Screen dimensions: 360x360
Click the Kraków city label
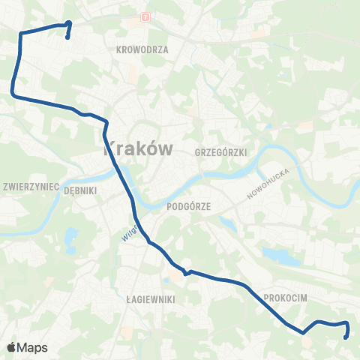(136, 148)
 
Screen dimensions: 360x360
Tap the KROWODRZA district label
(142, 49)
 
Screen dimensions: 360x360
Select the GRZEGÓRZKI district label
(220, 151)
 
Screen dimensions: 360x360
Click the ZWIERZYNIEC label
(31, 185)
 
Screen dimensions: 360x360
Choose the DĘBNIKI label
(81, 190)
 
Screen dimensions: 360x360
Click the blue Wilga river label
(129, 232)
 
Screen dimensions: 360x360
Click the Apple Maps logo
(27, 347)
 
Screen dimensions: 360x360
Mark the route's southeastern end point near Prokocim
(345, 337)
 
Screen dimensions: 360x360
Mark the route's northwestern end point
(68, 36)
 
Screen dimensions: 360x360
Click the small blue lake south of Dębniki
(70, 240)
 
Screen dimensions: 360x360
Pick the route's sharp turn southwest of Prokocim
(302, 332)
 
